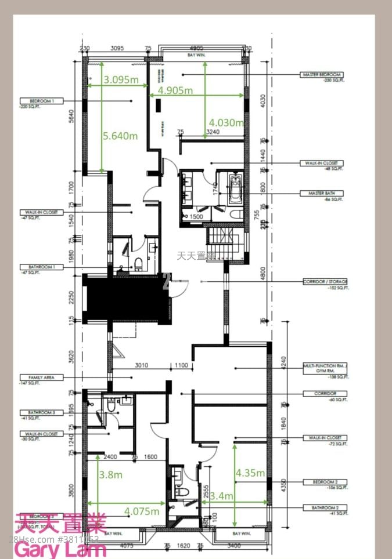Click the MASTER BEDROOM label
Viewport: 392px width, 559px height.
(x=322, y=75)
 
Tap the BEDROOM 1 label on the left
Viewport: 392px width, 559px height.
(x=37, y=100)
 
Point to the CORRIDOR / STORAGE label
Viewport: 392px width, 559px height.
(x=325, y=281)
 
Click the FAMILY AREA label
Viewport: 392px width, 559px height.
(x=37, y=377)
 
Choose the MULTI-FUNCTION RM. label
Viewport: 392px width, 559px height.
(x=325, y=367)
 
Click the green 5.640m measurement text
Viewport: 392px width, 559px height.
(x=120, y=136)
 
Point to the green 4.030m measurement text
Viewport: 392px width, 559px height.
(x=226, y=122)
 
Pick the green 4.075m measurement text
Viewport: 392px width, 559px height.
(x=141, y=511)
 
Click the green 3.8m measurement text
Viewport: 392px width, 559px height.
(x=110, y=474)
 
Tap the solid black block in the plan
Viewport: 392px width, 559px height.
(x=125, y=299)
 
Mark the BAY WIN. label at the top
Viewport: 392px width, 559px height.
(x=197, y=55)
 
